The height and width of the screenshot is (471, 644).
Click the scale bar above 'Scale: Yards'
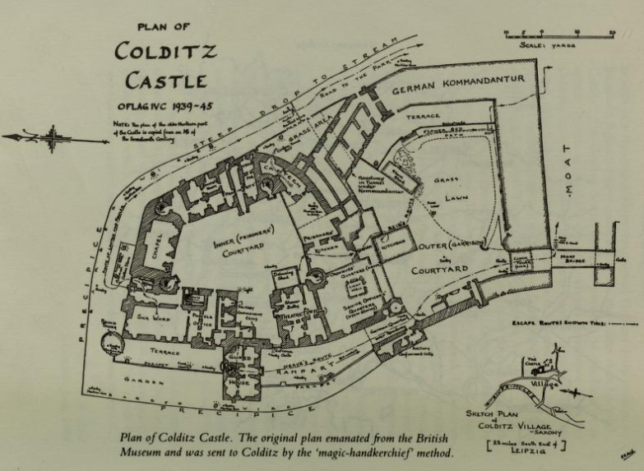[x=559, y=33]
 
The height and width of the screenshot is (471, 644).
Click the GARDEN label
[x=141, y=381]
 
